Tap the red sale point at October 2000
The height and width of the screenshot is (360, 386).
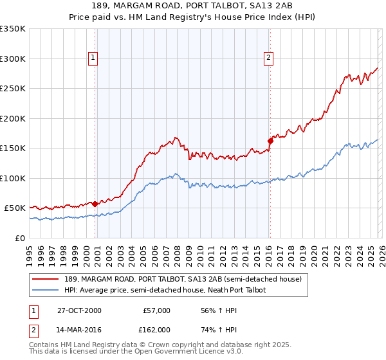click(95, 204)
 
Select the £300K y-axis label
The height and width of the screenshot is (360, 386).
click(12, 59)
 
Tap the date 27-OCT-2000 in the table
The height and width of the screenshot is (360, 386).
click(79, 310)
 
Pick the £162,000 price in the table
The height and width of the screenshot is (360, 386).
click(156, 329)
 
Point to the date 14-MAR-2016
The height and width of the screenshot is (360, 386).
click(80, 329)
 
